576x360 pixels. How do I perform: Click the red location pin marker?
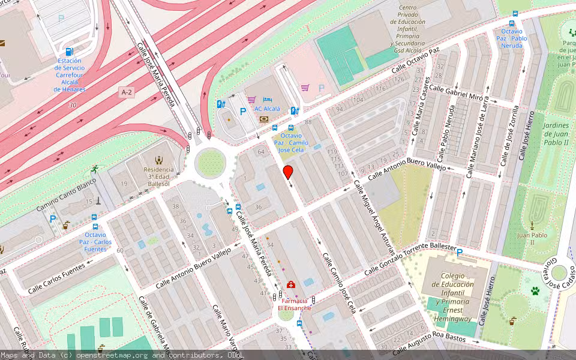pos(288,172)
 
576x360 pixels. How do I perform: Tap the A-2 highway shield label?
pos(126,92)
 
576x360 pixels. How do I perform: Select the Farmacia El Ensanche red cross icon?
pos(291,284)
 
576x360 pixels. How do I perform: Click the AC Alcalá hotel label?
pos(266,109)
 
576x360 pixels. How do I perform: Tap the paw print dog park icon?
pos(535,291)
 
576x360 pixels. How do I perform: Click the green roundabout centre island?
pos(210,162)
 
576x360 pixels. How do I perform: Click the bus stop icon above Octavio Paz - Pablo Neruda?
pos(514,16)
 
